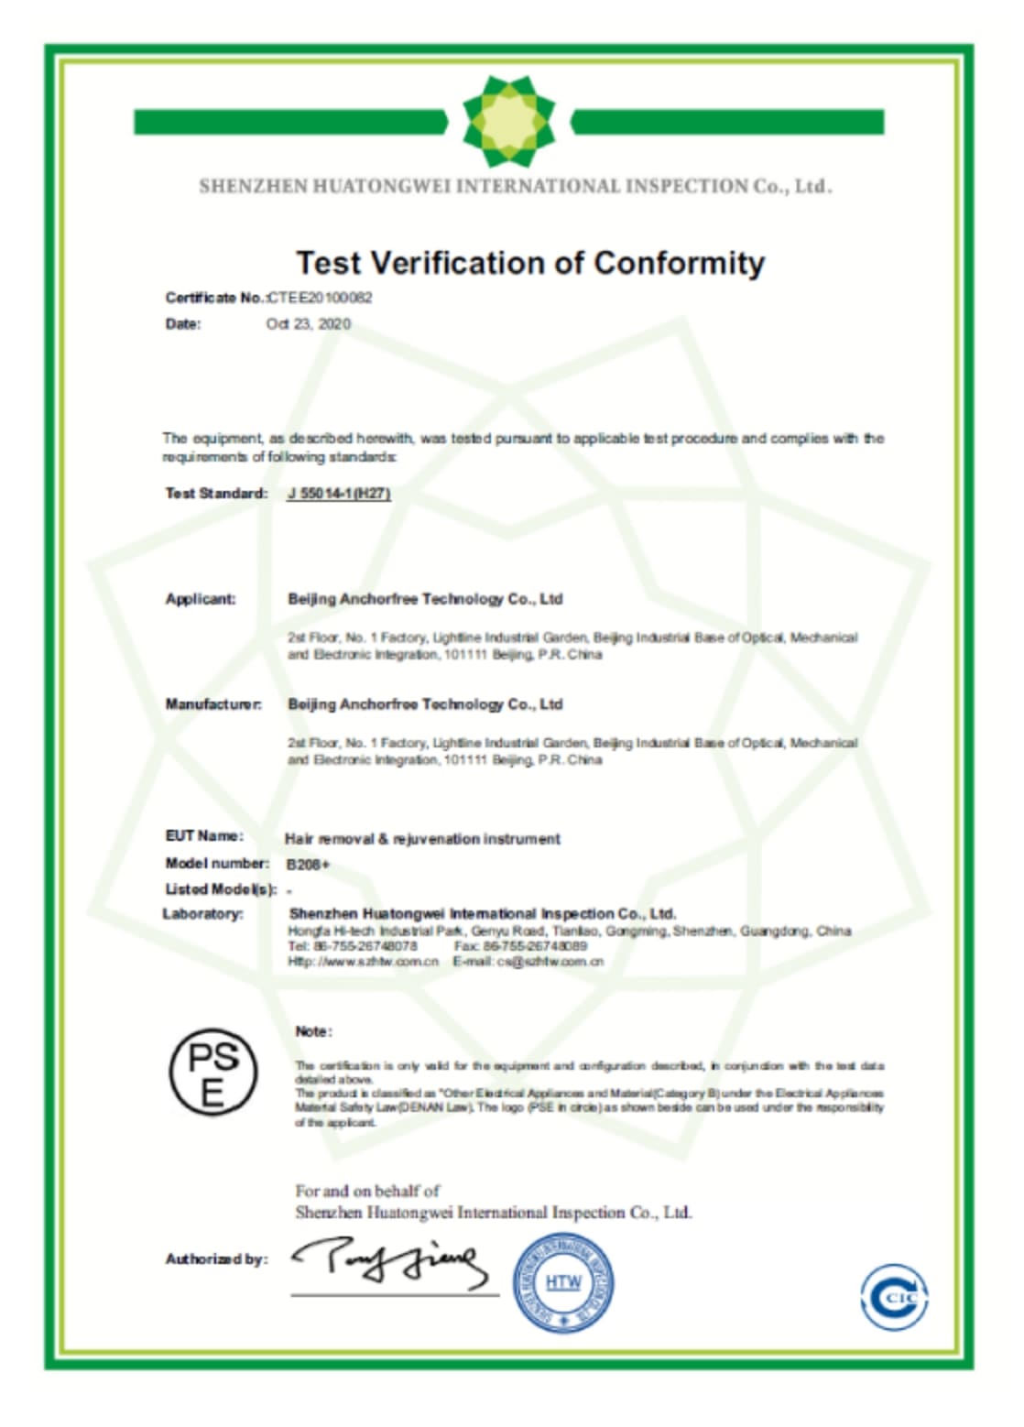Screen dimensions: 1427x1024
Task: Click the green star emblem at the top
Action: pos(509,122)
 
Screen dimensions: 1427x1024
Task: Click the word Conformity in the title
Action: pos(679,263)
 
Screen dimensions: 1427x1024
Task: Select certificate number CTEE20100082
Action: pos(320,298)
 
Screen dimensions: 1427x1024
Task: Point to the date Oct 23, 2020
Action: pos(308,324)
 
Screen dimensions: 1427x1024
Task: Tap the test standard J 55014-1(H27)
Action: pos(339,494)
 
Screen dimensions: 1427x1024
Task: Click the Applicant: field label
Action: pos(201,599)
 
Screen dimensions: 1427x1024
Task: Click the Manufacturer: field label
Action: pos(213,704)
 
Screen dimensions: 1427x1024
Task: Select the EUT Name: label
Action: pos(204,836)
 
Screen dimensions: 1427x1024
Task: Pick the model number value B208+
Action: pos(308,865)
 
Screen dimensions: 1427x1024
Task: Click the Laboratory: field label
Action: pos(203,914)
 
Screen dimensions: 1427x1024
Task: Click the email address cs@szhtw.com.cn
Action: pos(550,962)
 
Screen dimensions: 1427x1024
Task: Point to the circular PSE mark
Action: pos(212,1071)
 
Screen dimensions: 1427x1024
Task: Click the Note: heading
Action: pos(313,1032)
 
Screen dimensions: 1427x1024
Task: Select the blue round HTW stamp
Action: pos(562,1282)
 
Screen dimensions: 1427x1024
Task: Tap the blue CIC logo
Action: pos(894,1296)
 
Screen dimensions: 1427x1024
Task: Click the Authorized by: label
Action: pos(216,1259)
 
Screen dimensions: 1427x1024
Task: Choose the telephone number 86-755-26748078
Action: pos(365,946)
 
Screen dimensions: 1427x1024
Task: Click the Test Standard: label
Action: pos(216,494)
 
